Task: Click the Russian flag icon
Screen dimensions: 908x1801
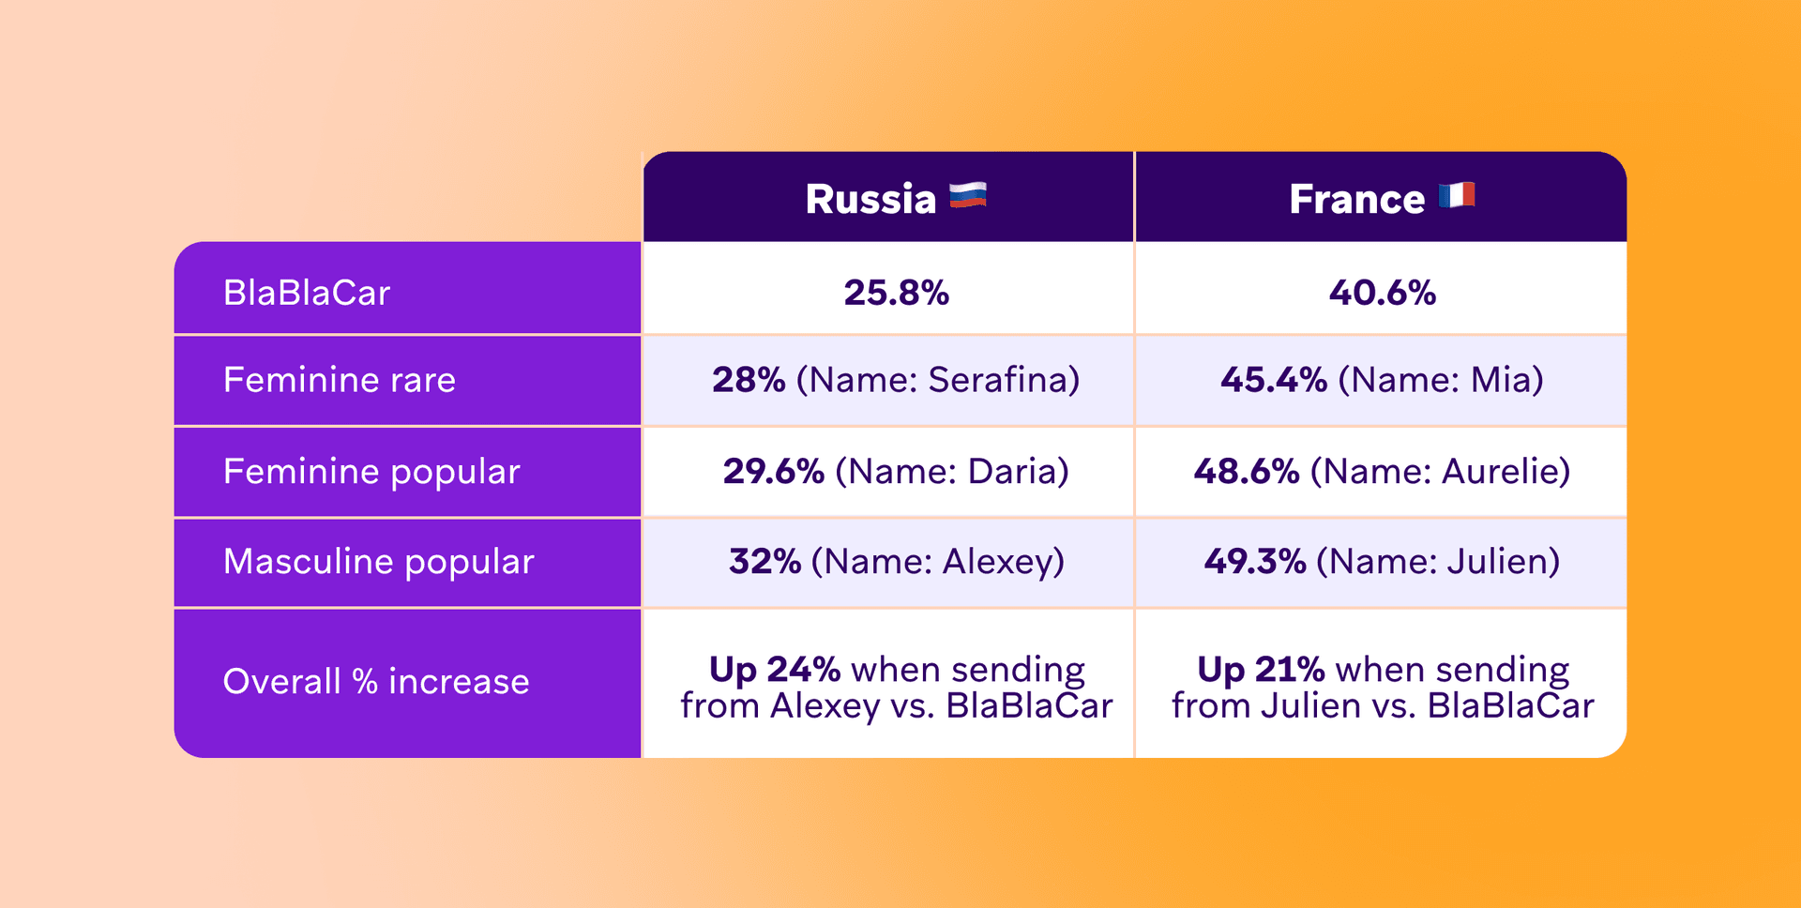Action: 967,195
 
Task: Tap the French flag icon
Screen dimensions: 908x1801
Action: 1456,195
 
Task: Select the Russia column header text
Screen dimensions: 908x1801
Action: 870,199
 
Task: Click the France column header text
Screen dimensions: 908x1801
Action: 1356,199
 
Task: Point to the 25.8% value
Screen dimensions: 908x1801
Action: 896,293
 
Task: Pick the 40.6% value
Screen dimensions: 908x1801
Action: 1382,293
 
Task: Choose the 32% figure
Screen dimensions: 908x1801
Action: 764,562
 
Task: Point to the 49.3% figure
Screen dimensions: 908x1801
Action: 1254,562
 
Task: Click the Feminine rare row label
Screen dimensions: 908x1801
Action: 339,380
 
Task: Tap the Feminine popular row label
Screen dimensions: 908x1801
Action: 371,471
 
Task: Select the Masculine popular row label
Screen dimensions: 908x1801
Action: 378,562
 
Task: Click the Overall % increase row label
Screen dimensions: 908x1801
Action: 375,682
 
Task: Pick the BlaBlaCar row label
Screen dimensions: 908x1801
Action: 306,293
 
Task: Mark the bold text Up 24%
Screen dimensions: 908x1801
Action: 774,670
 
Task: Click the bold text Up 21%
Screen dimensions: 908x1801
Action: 1261,670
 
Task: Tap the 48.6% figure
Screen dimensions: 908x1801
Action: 1246,471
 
